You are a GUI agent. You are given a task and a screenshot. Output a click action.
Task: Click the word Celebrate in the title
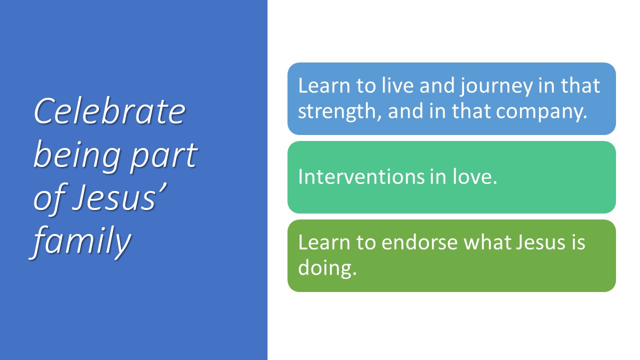pyautogui.click(x=110, y=111)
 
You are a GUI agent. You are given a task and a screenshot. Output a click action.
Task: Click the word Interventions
pyautogui.click(x=361, y=176)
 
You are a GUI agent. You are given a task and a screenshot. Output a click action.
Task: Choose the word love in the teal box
pyautogui.click(x=474, y=176)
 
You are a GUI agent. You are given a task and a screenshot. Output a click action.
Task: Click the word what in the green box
pyautogui.click(x=487, y=242)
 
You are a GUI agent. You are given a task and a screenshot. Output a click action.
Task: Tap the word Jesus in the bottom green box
pyautogui.click(x=540, y=242)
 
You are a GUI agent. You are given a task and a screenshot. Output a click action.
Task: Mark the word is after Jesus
pyautogui.click(x=578, y=242)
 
